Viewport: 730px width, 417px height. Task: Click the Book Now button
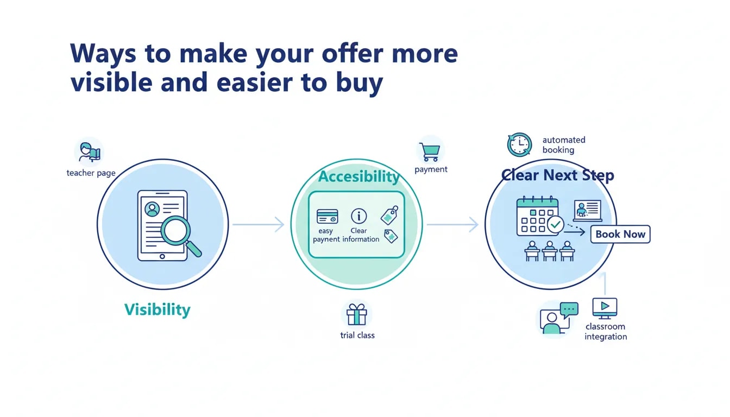point(620,234)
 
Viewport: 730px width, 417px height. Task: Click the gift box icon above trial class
point(357,314)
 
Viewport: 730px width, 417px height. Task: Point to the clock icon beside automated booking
point(519,145)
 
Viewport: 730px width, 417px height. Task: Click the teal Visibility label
point(158,310)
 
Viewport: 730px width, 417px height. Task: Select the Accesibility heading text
point(359,176)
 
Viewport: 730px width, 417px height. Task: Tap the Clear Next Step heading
point(557,175)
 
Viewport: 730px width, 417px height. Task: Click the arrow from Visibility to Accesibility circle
point(259,224)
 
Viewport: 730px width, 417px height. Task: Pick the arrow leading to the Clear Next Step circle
point(452,224)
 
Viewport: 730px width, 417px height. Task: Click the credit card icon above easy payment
point(327,217)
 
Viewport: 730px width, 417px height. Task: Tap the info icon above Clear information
point(358,216)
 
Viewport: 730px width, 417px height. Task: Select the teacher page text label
point(91,173)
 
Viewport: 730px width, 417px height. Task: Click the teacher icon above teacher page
point(89,152)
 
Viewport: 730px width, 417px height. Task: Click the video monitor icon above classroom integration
point(605,308)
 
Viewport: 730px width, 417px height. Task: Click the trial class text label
point(357,335)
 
